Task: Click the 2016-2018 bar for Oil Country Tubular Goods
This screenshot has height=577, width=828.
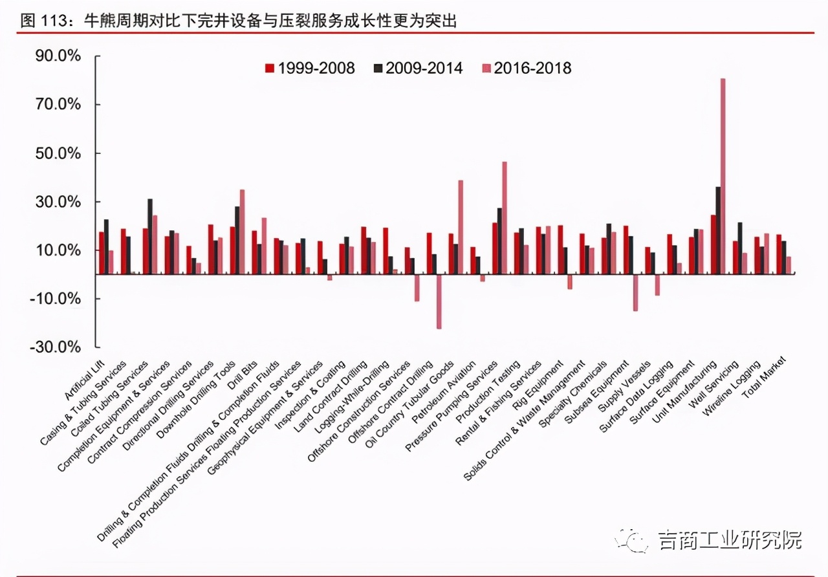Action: [x=461, y=226]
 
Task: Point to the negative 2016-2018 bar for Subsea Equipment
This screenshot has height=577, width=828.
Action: [x=635, y=292]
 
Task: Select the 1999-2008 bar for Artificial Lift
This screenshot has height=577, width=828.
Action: [x=101, y=252]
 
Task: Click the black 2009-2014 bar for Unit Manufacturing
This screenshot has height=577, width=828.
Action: [x=717, y=230]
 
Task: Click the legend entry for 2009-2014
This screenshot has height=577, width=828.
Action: [x=417, y=68]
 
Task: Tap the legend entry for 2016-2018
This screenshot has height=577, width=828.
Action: [x=526, y=68]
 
